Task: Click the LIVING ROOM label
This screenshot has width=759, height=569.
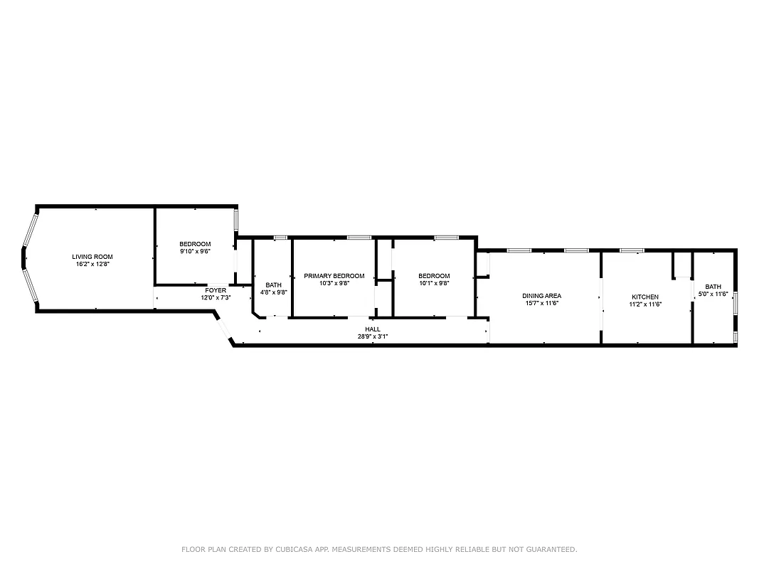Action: (x=92, y=257)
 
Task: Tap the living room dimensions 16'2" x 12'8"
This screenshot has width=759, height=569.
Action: (x=92, y=264)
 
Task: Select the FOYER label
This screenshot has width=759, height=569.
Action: (x=216, y=290)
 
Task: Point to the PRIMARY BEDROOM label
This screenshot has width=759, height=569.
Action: (x=334, y=276)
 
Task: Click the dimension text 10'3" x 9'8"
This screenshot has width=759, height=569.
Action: (x=334, y=283)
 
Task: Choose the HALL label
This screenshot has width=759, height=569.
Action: (x=373, y=329)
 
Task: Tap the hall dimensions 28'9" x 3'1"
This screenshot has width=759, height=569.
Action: (x=373, y=336)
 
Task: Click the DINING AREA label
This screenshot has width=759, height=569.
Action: (x=541, y=296)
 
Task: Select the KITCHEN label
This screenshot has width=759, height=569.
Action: (x=645, y=297)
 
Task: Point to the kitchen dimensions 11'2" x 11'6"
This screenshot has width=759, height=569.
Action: (x=645, y=304)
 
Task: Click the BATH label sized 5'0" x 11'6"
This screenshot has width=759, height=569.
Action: (x=713, y=287)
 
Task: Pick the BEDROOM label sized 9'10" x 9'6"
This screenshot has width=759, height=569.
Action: (x=195, y=244)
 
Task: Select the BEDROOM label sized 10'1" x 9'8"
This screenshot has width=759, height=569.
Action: (x=434, y=276)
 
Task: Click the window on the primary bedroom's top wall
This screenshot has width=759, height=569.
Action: (x=359, y=237)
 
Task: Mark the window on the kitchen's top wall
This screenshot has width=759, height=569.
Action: (x=631, y=250)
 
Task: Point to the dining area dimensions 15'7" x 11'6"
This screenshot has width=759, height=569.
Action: (x=541, y=304)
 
